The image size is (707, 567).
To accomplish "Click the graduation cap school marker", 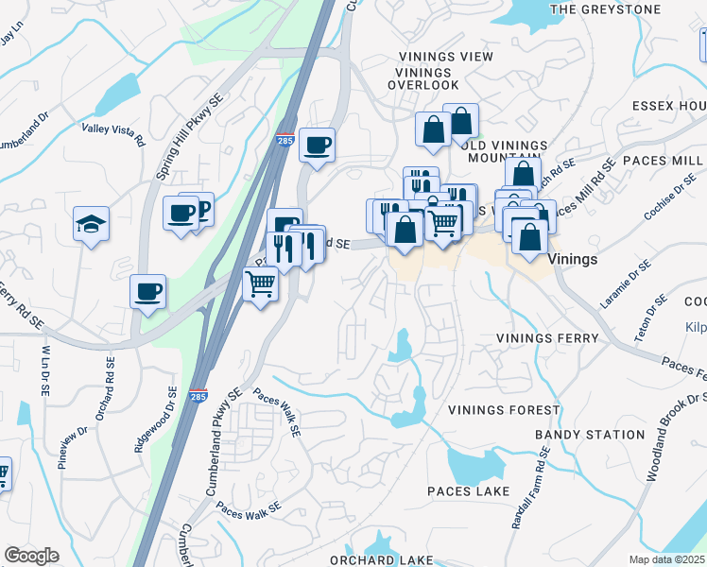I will (x=92, y=225).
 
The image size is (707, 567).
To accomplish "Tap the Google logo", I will (x=31, y=556).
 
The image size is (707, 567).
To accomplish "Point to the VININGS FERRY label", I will (x=548, y=338).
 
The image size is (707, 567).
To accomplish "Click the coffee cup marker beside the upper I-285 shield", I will (x=317, y=146).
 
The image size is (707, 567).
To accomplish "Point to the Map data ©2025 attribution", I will (x=666, y=559).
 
